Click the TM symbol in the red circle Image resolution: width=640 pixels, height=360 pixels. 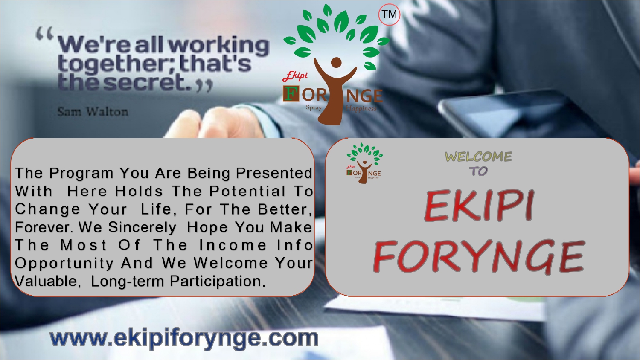[x=389, y=14]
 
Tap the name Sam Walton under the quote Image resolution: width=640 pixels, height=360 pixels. [x=93, y=112]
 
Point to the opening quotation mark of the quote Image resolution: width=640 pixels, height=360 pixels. [x=45, y=33]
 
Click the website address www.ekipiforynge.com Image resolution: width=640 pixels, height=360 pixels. [x=184, y=338]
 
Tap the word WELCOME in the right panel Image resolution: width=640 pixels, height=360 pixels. [x=478, y=157]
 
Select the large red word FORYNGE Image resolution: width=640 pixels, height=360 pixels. [x=479, y=256]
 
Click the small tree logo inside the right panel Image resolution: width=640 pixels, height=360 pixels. [x=364, y=163]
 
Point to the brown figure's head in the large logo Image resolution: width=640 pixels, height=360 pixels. [x=336, y=63]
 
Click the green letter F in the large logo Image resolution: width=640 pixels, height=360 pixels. [x=291, y=94]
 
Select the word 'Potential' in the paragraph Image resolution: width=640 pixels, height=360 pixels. [x=247, y=191]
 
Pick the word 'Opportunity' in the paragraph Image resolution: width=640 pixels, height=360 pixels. [x=64, y=264]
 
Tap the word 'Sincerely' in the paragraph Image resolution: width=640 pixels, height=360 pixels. [x=142, y=227]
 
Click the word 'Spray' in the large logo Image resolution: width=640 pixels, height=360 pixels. [x=314, y=108]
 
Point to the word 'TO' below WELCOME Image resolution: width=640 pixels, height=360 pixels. [x=478, y=171]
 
